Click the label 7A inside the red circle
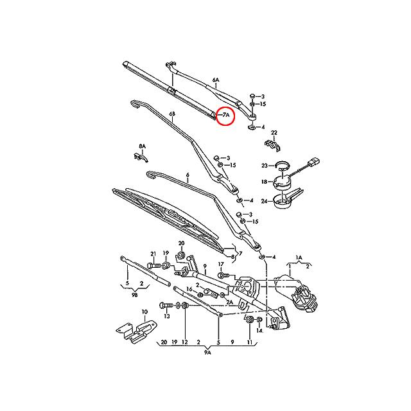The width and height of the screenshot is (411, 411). [226, 116]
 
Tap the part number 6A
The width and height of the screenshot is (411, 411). [216, 81]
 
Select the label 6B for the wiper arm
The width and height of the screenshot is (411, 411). [172, 114]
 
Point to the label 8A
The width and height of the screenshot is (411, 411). [142, 146]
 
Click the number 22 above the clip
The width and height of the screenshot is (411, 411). [274, 133]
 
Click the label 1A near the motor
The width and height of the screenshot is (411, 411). [298, 258]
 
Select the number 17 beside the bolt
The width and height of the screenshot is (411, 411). [220, 264]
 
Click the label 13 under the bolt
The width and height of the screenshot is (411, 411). [166, 316]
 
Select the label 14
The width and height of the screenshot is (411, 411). [260, 331]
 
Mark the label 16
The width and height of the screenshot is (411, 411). [189, 290]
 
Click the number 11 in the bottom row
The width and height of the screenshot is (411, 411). [250, 342]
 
